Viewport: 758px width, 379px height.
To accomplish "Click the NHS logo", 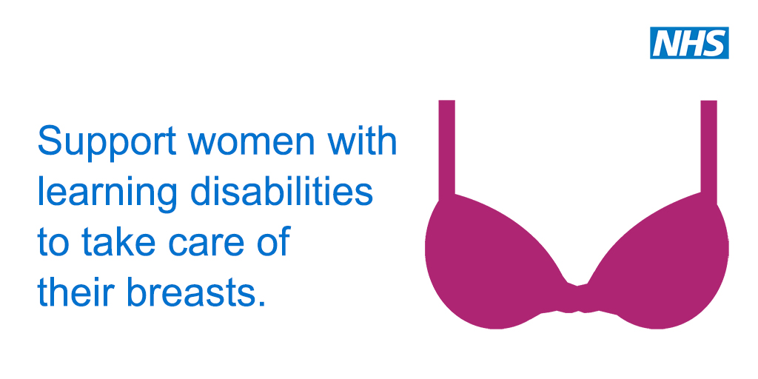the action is point(689,42).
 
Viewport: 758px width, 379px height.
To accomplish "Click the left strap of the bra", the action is point(446,150).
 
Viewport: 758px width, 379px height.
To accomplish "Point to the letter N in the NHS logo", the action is point(665,43).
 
